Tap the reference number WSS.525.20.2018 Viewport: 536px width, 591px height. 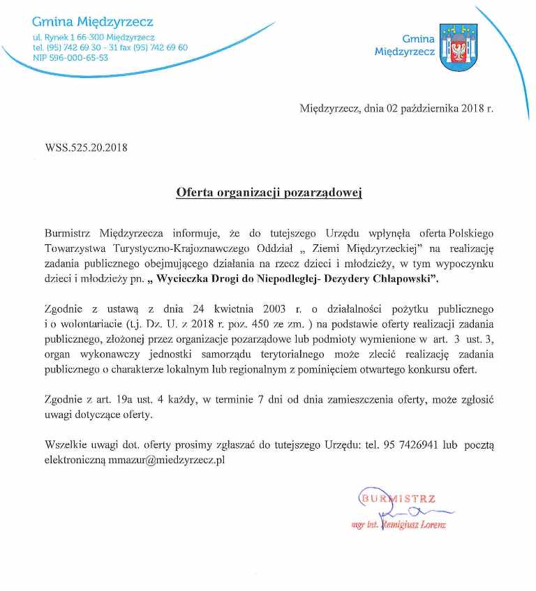86,147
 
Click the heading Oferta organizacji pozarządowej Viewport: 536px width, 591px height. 269,192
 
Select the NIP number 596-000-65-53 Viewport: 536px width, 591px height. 70,58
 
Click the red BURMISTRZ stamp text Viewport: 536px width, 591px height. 398,498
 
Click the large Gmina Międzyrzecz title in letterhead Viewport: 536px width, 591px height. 93,23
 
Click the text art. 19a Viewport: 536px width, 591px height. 110,401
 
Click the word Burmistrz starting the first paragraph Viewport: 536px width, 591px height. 69,232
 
